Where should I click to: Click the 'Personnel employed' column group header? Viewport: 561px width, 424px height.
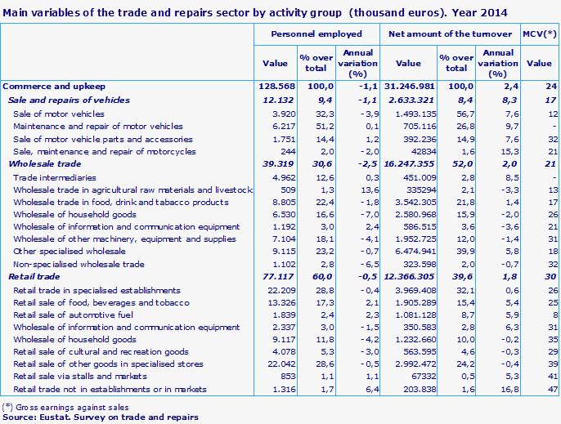tap(316, 34)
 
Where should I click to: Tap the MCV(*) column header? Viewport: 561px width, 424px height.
tap(539, 34)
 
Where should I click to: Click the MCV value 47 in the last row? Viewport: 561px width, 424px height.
tap(551, 389)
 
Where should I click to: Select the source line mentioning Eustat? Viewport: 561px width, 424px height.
tap(101, 417)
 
